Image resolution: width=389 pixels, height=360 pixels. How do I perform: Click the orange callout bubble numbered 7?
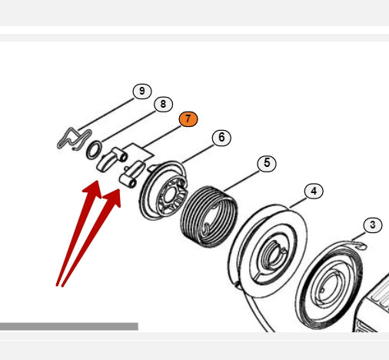(x=188, y=119)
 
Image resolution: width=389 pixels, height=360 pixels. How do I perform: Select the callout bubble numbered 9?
(x=142, y=91)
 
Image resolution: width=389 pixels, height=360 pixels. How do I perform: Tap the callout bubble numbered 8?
(x=163, y=104)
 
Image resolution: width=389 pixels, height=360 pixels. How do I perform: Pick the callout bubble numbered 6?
(x=221, y=138)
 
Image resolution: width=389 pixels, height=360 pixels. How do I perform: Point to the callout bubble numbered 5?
(x=267, y=163)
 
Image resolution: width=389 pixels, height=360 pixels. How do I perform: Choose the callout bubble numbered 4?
(x=314, y=192)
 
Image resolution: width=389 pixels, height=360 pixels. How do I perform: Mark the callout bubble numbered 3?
(x=373, y=225)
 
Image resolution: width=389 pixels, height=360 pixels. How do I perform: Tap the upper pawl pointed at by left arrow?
(x=110, y=159)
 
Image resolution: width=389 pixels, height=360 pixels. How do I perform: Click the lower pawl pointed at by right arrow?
(x=131, y=174)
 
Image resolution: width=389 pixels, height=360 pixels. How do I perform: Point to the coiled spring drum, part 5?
(x=209, y=217)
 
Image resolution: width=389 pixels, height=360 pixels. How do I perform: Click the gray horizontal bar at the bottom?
(x=69, y=326)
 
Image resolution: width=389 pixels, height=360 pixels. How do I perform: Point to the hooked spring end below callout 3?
(x=361, y=246)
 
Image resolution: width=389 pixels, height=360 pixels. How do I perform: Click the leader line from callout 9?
(x=106, y=115)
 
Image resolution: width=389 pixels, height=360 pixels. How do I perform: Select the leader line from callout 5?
(x=241, y=181)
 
